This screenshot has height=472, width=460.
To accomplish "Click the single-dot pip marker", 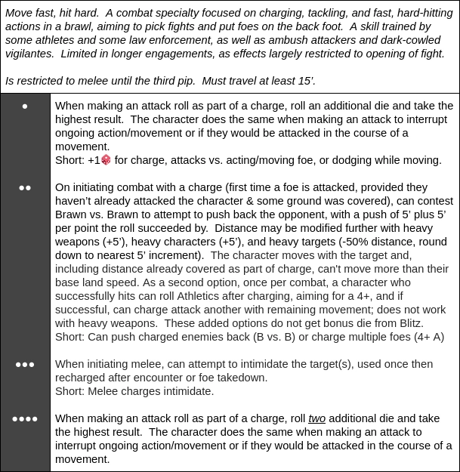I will tap(25, 106).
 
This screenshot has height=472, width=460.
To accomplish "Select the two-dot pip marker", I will tap(25, 188).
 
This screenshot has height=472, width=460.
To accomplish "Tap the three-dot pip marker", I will tap(25, 365).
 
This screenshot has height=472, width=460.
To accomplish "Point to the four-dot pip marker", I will tap(25, 419).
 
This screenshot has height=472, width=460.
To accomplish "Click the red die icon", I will tap(106, 160).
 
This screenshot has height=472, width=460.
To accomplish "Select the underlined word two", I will tap(316, 418).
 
